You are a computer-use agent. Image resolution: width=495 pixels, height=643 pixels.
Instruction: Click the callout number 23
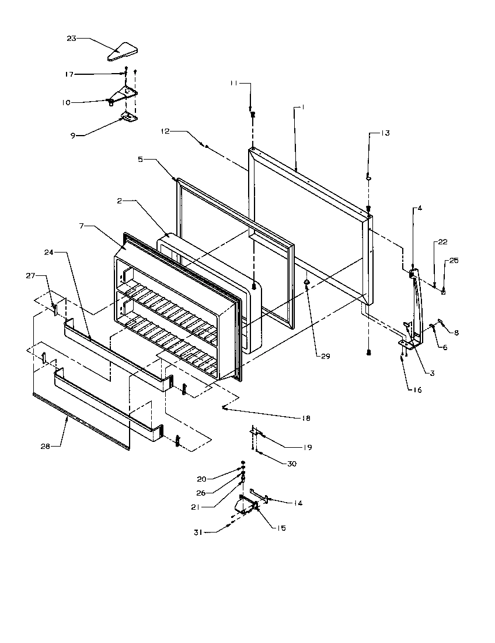[71, 39]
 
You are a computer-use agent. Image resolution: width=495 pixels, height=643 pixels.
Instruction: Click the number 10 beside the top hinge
[66, 102]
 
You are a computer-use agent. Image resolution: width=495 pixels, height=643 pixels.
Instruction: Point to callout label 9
[74, 135]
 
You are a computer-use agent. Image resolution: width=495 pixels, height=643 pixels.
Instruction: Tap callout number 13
[385, 133]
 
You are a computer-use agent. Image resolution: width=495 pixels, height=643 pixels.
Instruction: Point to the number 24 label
[48, 253]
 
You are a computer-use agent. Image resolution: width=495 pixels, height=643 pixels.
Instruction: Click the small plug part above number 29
[306, 285]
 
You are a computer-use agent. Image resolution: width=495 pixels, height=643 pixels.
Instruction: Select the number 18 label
[306, 419]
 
